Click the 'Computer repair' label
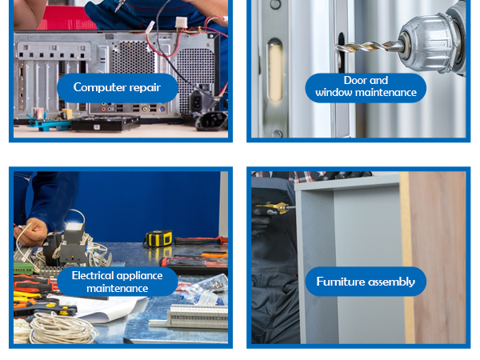click(x=118, y=88)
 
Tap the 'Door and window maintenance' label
click(x=366, y=88)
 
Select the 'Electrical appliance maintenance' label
click(x=118, y=282)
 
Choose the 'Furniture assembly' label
click(x=366, y=282)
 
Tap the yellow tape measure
click(x=158, y=238)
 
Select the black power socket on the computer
click(x=196, y=101)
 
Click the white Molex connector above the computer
click(x=181, y=22)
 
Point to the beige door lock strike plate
click(x=275, y=70)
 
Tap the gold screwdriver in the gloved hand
click(x=274, y=208)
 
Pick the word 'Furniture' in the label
click(x=339, y=282)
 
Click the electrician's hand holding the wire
click(x=30, y=232)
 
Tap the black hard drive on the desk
click(x=106, y=123)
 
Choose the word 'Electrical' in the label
click(x=92, y=275)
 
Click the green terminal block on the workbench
click(x=23, y=268)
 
